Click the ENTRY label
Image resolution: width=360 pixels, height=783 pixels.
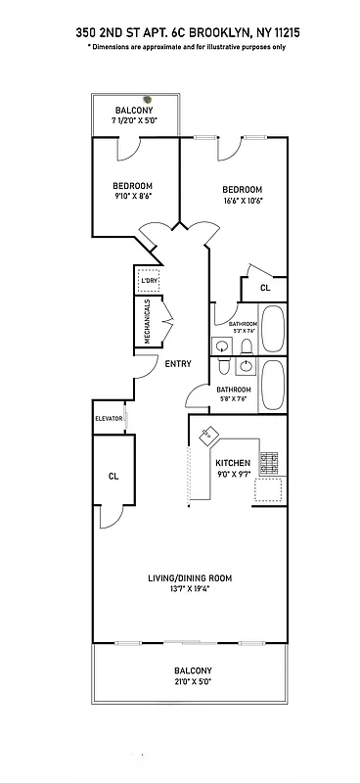coord(178,364)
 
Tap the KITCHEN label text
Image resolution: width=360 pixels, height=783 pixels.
coord(233,462)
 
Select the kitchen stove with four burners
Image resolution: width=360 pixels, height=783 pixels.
coord(272,460)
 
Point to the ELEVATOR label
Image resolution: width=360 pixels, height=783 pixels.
coord(108,419)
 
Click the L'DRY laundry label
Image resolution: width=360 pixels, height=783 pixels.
coord(149,282)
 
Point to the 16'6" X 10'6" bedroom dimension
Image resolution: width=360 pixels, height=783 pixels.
coord(243,201)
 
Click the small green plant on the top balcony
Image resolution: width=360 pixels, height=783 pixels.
coord(148,98)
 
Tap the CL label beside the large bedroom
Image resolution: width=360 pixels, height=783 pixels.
coord(265,288)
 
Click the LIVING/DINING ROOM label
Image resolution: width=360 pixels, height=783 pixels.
coord(189,578)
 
